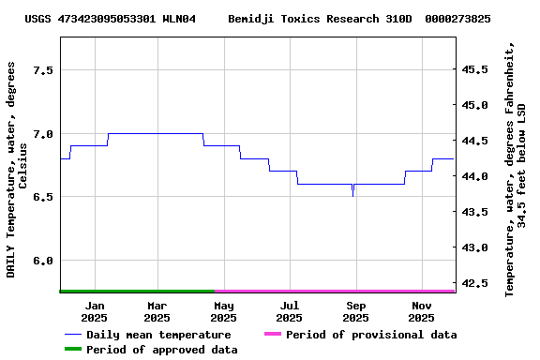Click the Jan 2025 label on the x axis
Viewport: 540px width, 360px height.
pyautogui.click(x=94, y=311)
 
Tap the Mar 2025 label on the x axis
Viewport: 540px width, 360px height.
pyautogui.click(x=157, y=311)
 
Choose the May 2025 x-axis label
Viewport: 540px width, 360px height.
pyautogui.click(x=223, y=311)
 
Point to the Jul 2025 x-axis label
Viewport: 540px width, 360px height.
pyautogui.click(x=290, y=311)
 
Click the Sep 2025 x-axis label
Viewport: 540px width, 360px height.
pyautogui.click(x=356, y=311)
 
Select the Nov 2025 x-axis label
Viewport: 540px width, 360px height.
pyautogui.click(x=422, y=311)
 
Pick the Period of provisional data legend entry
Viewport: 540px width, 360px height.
pyautogui.click(x=370, y=335)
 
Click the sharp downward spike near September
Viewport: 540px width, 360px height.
pyautogui.click(x=352, y=195)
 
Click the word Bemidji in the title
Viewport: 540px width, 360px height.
pyautogui.click(x=254, y=19)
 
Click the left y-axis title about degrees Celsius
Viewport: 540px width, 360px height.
pyautogui.click(x=17, y=169)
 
